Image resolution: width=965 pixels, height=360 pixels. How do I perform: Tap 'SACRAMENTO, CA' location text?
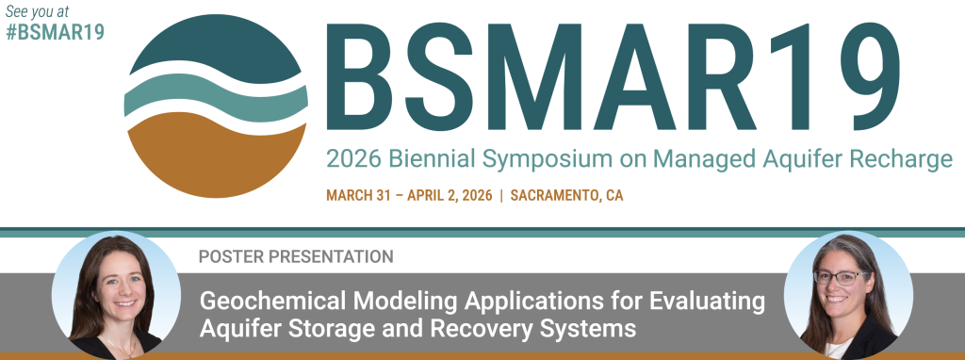point(566,196)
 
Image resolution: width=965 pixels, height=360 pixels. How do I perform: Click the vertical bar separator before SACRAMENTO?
point(501,196)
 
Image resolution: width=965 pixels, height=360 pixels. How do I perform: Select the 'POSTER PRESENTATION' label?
point(296,255)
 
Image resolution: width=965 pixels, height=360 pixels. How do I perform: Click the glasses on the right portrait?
point(841,277)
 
